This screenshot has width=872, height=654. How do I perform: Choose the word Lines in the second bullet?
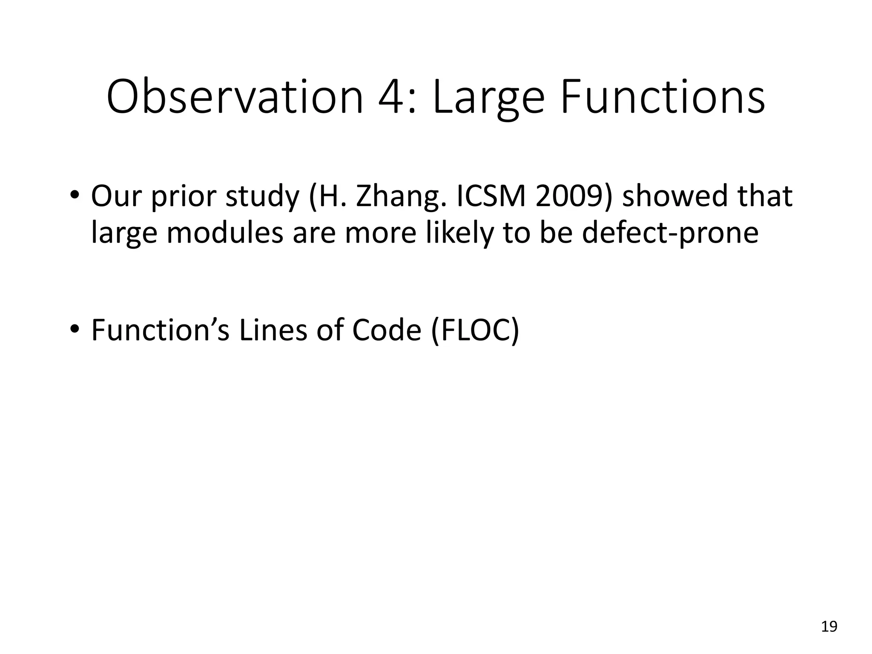tap(272, 330)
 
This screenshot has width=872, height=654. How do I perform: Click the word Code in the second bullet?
tap(387, 330)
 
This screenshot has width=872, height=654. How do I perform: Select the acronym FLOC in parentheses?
tap(475, 330)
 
